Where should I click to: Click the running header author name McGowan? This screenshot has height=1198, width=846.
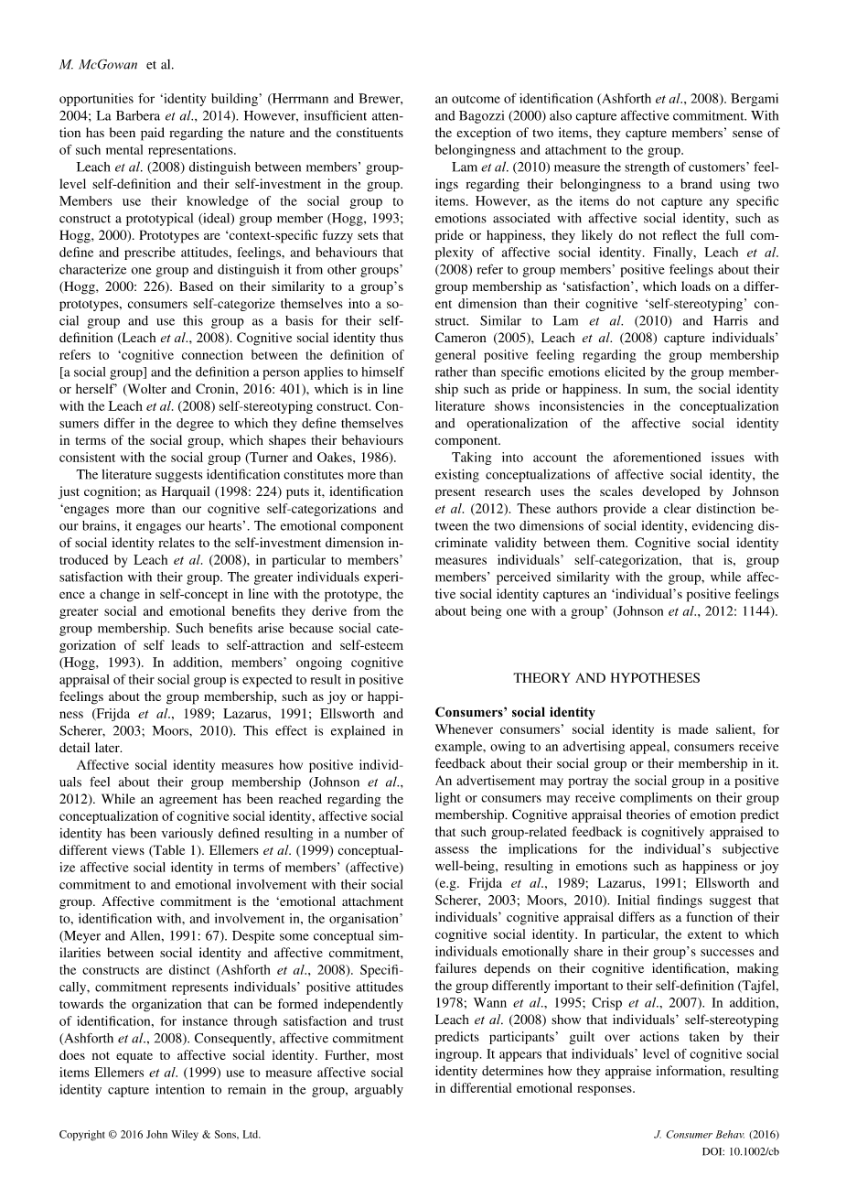tap(109, 65)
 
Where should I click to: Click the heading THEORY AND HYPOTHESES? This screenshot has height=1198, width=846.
tap(606, 678)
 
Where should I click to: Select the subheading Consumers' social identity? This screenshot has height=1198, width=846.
tap(515, 712)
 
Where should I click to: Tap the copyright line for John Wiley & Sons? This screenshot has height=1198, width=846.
tap(160, 1134)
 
